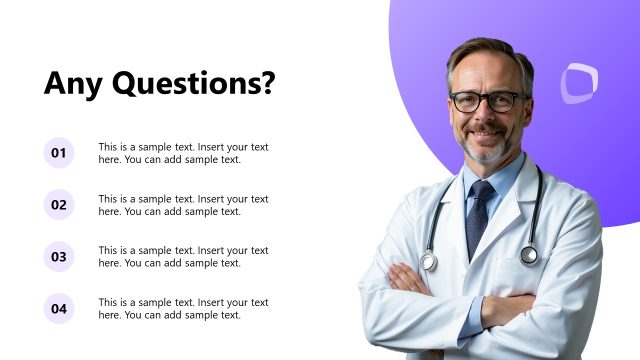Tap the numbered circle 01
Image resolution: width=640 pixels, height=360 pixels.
coord(59,153)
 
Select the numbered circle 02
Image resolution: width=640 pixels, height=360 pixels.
coord(59,205)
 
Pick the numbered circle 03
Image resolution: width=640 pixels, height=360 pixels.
coord(59,257)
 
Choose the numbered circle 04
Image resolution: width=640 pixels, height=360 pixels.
coord(59,309)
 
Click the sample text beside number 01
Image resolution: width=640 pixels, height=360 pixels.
coord(183,153)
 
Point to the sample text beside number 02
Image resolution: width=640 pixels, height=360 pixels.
coord(183,205)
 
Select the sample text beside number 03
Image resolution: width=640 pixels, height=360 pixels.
coord(183,257)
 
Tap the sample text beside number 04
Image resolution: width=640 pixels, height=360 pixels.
coord(183,309)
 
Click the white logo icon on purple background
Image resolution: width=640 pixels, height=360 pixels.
coord(578,83)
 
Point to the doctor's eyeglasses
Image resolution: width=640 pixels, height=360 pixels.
coord(487,102)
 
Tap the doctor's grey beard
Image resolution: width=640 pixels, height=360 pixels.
coord(489,150)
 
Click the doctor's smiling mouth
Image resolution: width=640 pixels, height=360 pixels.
coord(488,134)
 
